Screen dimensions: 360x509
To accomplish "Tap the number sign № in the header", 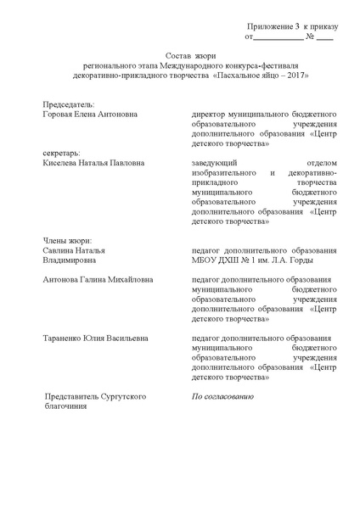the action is [310, 37].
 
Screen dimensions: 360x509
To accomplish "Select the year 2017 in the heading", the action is [291, 75].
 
